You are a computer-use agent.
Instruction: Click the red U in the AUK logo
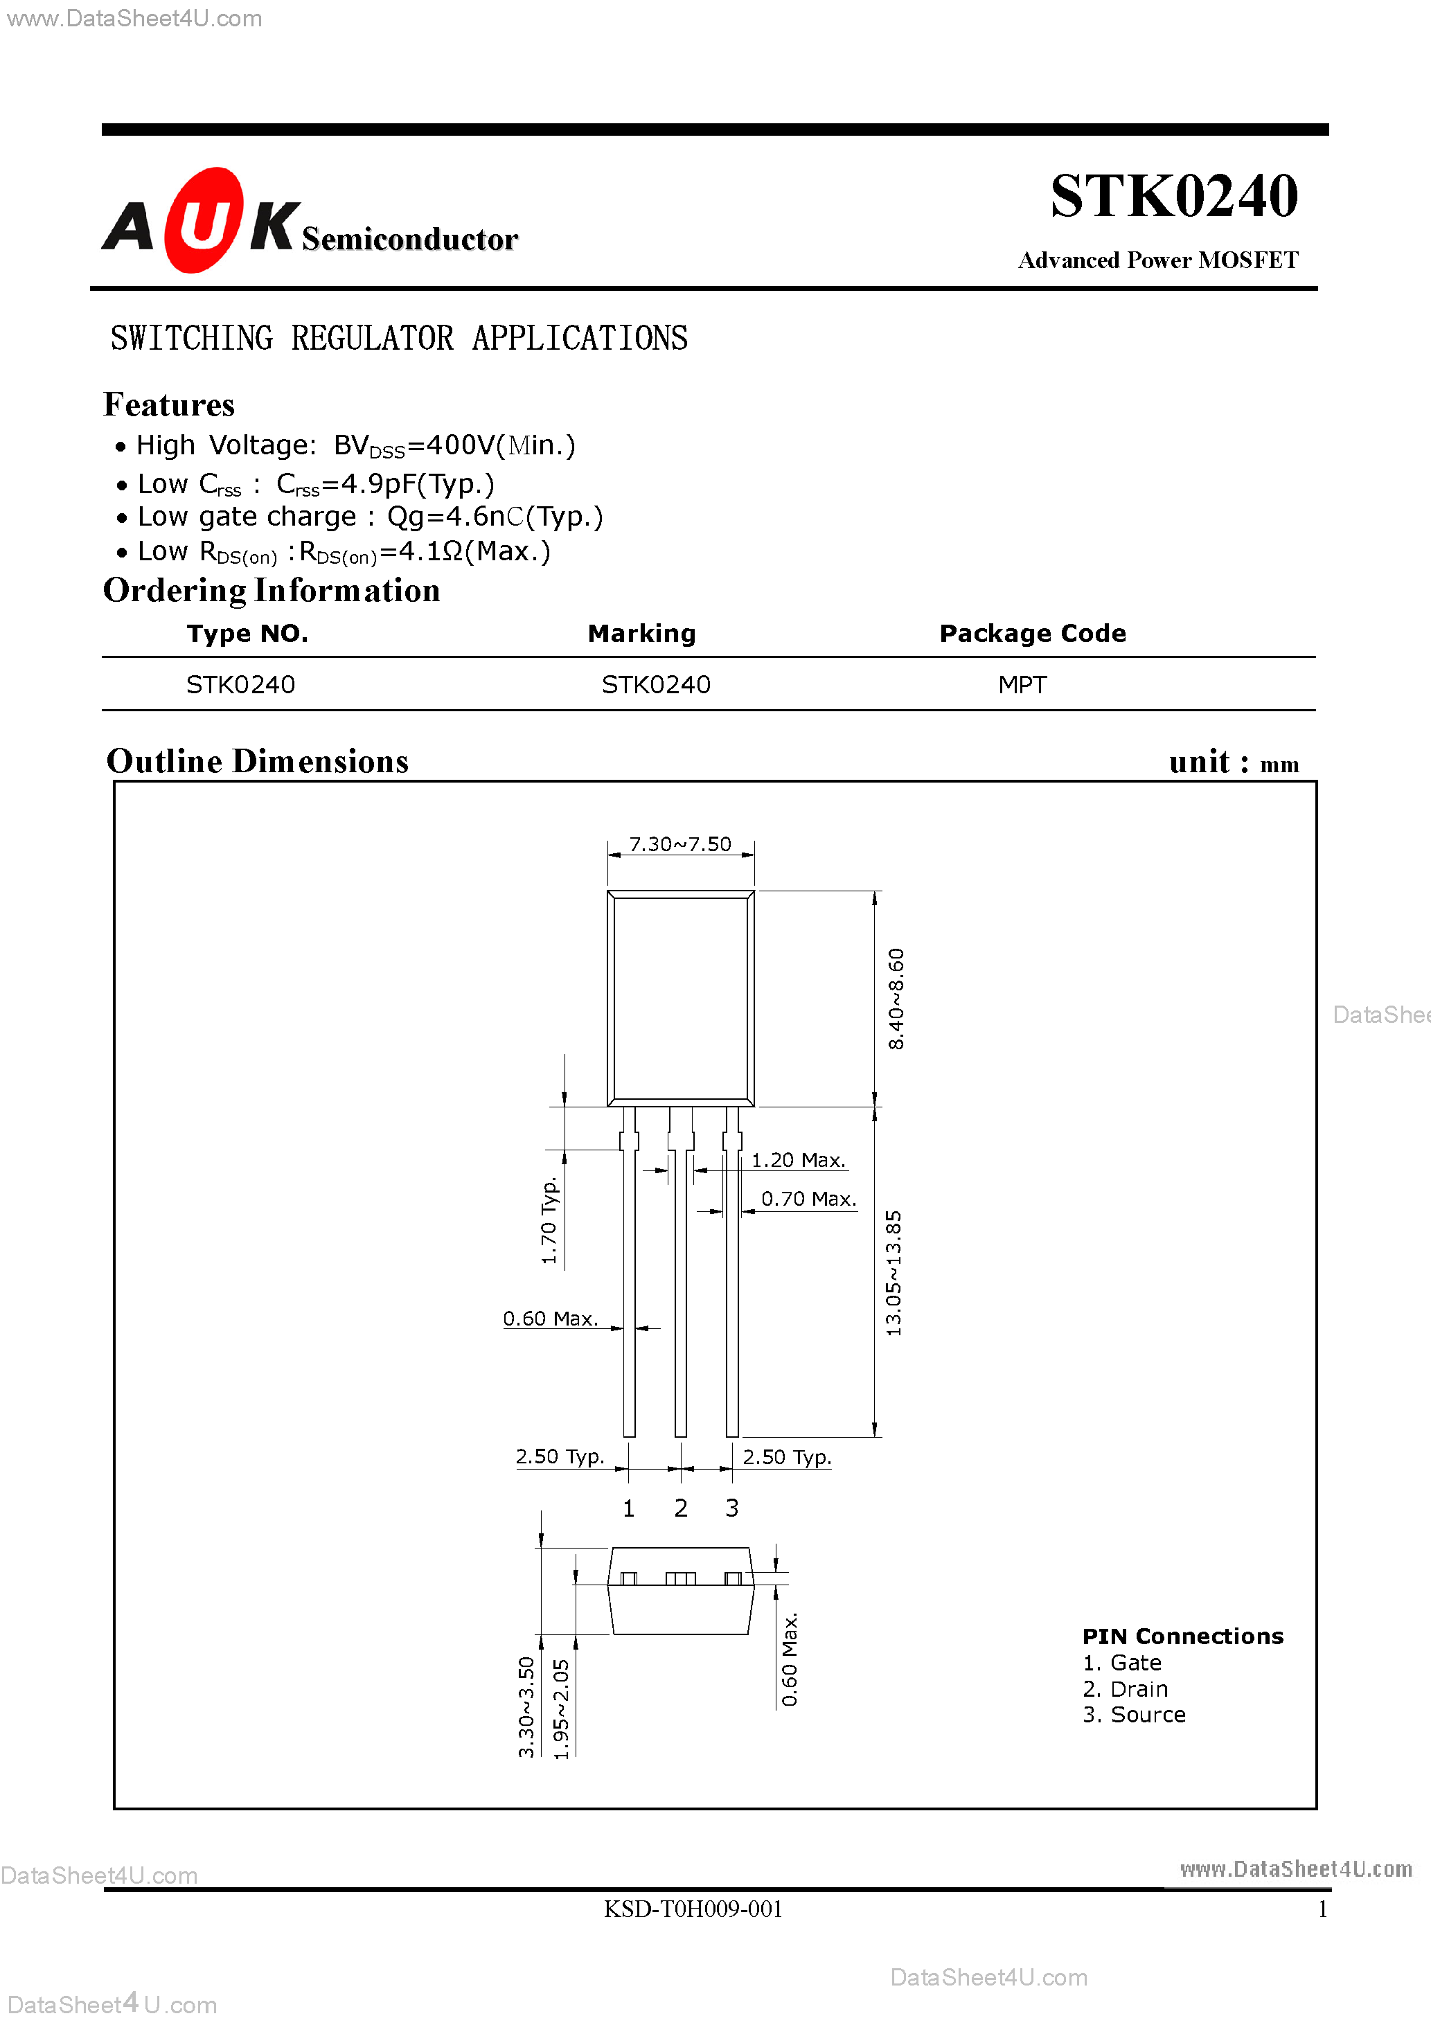(204, 220)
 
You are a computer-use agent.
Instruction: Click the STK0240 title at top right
(1173, 196)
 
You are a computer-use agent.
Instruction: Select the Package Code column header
(1032, 633)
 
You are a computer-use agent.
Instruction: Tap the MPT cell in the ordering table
(1022, 684)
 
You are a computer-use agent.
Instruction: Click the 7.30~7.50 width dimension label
(680, 844)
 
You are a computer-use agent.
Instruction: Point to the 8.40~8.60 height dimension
(896, 999)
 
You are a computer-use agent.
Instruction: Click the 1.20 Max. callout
(797, 1160)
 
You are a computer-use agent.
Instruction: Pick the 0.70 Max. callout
(808, 1199)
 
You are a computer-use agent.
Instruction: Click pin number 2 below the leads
(680, 1508)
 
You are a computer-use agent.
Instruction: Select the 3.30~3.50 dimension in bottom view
(526, 1706)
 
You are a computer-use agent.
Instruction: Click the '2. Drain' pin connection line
(1125, 1689)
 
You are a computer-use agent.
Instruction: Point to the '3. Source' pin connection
(1134, 1715)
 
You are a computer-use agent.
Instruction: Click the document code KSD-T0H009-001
(693, 1909)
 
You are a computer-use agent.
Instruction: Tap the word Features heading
(168, 405)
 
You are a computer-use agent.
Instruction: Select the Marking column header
(641, 633)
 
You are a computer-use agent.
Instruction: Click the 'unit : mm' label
(1234, 762)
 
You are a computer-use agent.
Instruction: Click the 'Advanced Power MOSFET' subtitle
(1157, 260)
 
